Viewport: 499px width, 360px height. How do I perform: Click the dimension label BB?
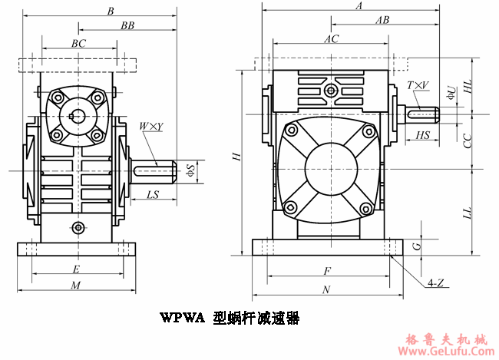[x=127, y=25]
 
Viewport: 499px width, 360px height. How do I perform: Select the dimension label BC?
[x=78, y=44]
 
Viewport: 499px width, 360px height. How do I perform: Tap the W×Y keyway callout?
[x=150, y=127]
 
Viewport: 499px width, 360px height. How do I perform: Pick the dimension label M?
[x=75, y=286]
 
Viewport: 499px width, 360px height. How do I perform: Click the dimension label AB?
[x=382, y=21]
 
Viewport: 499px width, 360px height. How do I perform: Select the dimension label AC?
[x=331, y=38]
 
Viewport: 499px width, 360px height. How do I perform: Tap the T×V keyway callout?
[x=418, y=85]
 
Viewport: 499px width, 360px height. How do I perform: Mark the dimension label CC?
[x=468, y=140]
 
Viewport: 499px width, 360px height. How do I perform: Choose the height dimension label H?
[x=237, y=157]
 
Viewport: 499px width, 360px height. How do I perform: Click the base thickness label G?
[x=416, y=246]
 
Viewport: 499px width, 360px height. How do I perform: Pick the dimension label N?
[x=326, y=289]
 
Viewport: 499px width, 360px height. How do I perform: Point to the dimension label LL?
[x=468, y=211]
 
